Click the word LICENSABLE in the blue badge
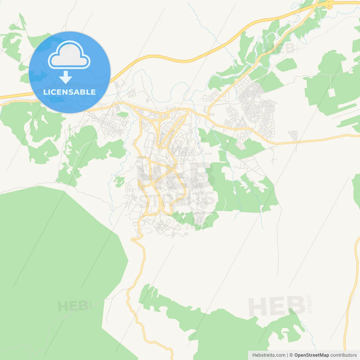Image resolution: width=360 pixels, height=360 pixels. [69, 92]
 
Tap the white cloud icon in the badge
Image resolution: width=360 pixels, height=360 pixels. [69, 56]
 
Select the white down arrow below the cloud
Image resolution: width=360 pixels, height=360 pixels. [66, 77]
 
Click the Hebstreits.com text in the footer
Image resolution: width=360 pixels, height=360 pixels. [269, 355]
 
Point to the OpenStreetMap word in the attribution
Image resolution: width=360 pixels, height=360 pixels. [311, 355]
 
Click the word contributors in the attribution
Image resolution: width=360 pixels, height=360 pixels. [343, 355]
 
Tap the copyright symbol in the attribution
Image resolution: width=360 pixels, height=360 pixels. [291, 355]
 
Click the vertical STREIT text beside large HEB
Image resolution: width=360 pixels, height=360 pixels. [310, 304]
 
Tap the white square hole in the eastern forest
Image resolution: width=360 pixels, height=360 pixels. [332, 93]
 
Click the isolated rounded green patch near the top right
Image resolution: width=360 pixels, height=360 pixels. [286, 65]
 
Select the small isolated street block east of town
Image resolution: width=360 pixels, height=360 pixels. [293, 135]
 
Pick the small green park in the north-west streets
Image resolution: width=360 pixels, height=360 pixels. [122, 114]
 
